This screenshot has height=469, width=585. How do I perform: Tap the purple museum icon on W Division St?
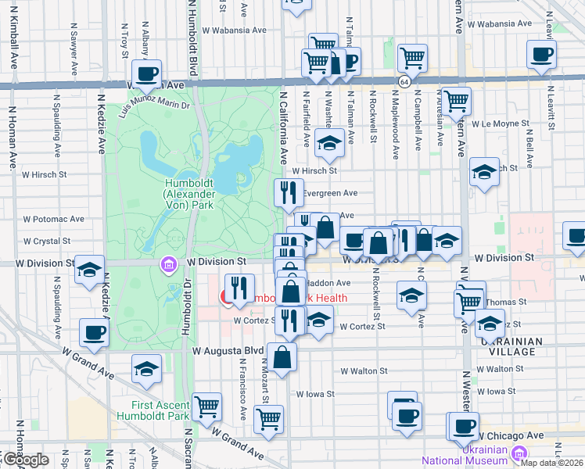click(x=167, y=266)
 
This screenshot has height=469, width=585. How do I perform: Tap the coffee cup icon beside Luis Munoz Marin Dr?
click(x=146, y=74)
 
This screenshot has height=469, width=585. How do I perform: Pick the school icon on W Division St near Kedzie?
click(x=90, y=270)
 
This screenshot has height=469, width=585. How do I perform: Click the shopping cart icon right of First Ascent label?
click(x=207, y=406)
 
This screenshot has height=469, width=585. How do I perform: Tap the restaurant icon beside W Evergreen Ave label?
click(x=288, y=192)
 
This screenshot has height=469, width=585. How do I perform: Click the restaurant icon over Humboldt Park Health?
click(x=239, y=288)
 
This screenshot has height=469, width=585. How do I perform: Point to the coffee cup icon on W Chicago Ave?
click(x=463, y=426)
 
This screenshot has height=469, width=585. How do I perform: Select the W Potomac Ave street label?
click(x=54, y=220)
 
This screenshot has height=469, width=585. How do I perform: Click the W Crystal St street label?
click(x=47, y=242)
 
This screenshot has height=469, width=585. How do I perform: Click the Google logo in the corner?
click(x=26, y=460)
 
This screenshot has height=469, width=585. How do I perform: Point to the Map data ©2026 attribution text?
click(x=552, y=463)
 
